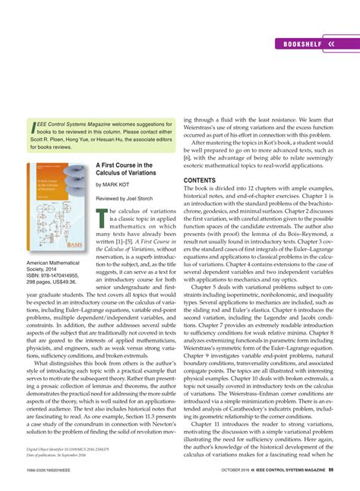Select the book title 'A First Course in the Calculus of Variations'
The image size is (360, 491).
pos(124,169)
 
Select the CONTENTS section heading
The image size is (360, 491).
pos(201,181)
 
